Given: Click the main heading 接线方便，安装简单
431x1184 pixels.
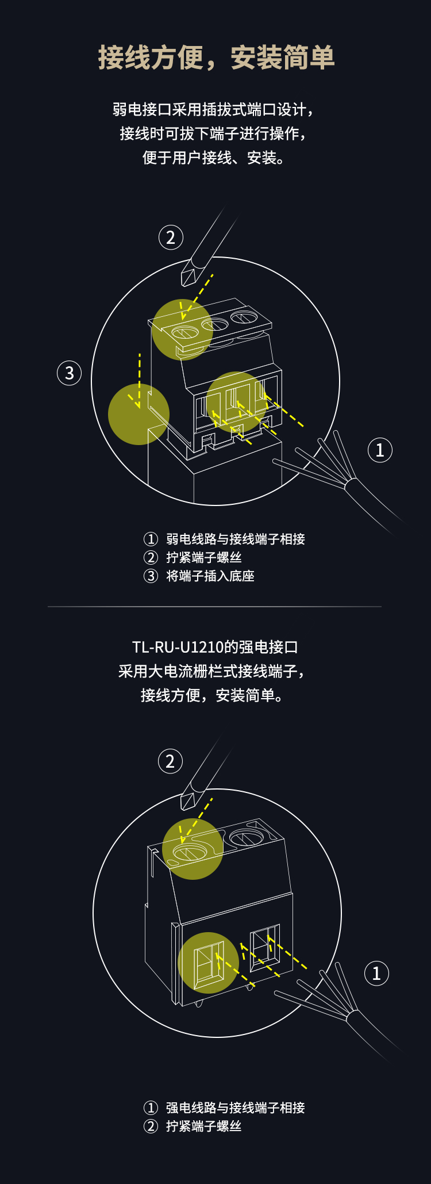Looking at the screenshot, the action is [x=216, y=58].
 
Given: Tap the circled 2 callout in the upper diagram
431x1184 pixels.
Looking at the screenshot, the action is [x=171, y=237].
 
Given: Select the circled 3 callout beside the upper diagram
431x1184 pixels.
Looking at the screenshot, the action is [x=70, y=373].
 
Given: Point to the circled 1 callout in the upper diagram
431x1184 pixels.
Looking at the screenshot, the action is [x=380, y=450].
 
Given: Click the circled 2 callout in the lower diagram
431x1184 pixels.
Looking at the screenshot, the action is [x=170, y=761].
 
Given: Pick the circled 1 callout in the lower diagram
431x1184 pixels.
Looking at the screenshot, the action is [x=377, y=973].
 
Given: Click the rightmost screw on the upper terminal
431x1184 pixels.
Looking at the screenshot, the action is [x=244, y=317].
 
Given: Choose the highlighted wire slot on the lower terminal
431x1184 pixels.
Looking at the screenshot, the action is [x=208, y=963].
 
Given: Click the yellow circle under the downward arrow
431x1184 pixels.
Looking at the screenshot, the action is [x=138, y=414].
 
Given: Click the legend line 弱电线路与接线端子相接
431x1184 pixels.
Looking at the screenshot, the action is [x=236, y=539].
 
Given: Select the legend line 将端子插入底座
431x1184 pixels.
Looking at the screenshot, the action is [x=210, y=576].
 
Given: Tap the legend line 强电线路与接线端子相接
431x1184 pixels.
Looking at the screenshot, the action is [x=236, y=1108].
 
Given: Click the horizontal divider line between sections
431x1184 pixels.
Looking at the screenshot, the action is [x=214, y=607].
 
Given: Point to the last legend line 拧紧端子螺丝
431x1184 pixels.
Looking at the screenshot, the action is [x=204, y=1126].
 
